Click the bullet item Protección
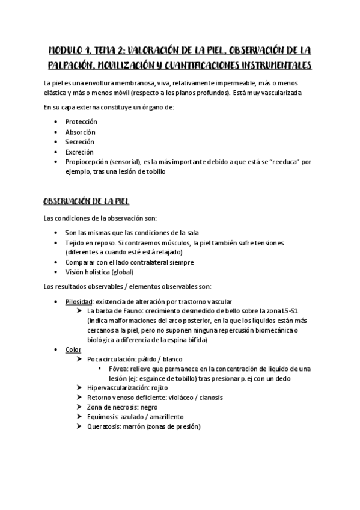coord(81,121)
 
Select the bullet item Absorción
coord(80,132)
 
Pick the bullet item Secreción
coord(80,142)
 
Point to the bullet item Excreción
coord(79,152)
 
